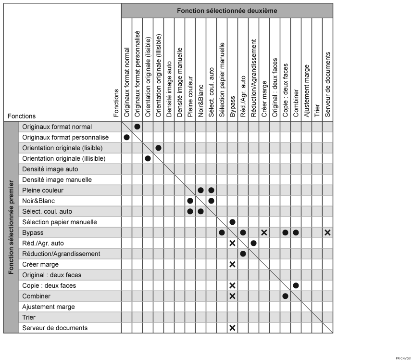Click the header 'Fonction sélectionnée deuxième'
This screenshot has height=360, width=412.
pos(226,11)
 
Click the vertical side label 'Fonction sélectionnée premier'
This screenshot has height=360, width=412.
pos(11,227)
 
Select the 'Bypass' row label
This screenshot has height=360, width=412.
pos(32,232)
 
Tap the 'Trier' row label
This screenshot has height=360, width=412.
pos(29,317)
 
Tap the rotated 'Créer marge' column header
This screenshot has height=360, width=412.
pos(264,99)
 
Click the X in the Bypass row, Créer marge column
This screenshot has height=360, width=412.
pos(264,232)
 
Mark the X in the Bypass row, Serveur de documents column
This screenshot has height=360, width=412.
pos(327,232)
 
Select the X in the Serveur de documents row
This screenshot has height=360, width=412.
pos(232,328)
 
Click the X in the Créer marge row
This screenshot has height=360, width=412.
pos(232,264)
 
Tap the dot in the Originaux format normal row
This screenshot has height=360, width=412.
pos(137,127)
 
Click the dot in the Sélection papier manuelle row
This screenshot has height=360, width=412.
pos(232,222)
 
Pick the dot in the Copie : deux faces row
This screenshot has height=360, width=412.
pos(296,285)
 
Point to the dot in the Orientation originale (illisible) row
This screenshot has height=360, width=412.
pos(148,158)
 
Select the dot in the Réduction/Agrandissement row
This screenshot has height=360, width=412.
pos(243,254)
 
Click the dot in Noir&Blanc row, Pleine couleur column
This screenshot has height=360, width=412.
pos(190,201)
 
